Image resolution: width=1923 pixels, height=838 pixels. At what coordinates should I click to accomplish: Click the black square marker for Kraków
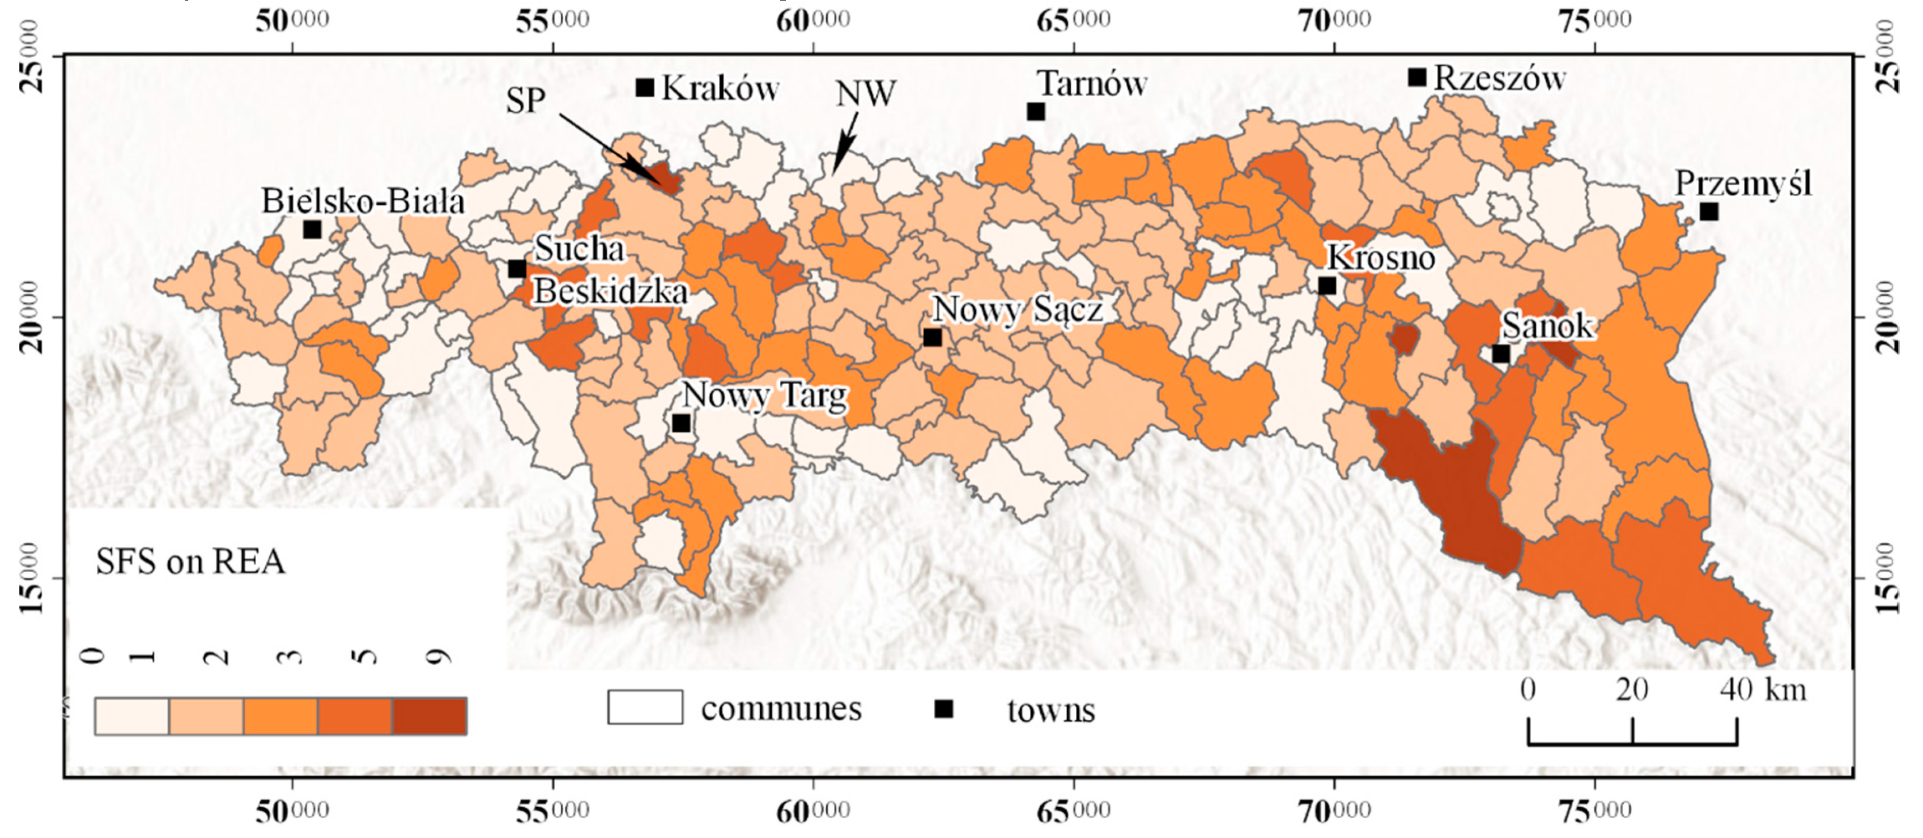(x=645, y=88)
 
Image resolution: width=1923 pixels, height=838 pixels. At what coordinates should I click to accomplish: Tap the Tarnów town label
(x=1092, y=84)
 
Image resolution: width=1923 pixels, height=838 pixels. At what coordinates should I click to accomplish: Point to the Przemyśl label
(x=1743, y=184)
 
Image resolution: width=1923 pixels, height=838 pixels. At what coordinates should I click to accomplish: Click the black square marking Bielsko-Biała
(x=313, y=230)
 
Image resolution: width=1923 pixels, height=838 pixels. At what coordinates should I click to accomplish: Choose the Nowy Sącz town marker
(x=933, y=337)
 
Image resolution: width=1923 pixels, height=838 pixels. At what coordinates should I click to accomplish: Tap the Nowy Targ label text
(x=765, y=395)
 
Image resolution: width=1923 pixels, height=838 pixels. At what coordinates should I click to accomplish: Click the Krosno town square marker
(x=1326, y=286)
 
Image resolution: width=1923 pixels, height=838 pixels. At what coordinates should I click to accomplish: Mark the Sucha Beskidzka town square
(x=517, y=269)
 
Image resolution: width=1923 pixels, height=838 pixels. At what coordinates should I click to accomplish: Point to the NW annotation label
(x=865, y=94)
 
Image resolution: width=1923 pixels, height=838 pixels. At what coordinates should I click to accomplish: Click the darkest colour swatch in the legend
(x=429, y=716)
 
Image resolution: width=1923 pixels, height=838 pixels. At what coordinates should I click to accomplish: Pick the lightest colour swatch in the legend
(x=132, y=716)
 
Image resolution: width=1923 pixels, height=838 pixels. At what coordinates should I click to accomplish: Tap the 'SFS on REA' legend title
(x=190, y=561)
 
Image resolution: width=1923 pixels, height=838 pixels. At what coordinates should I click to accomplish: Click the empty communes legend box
(x=645, y=707)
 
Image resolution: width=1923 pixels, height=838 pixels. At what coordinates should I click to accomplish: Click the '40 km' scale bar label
(x=1763, y=690)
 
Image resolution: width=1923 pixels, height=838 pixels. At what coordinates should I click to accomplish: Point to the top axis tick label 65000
(x=1073, y=21)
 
